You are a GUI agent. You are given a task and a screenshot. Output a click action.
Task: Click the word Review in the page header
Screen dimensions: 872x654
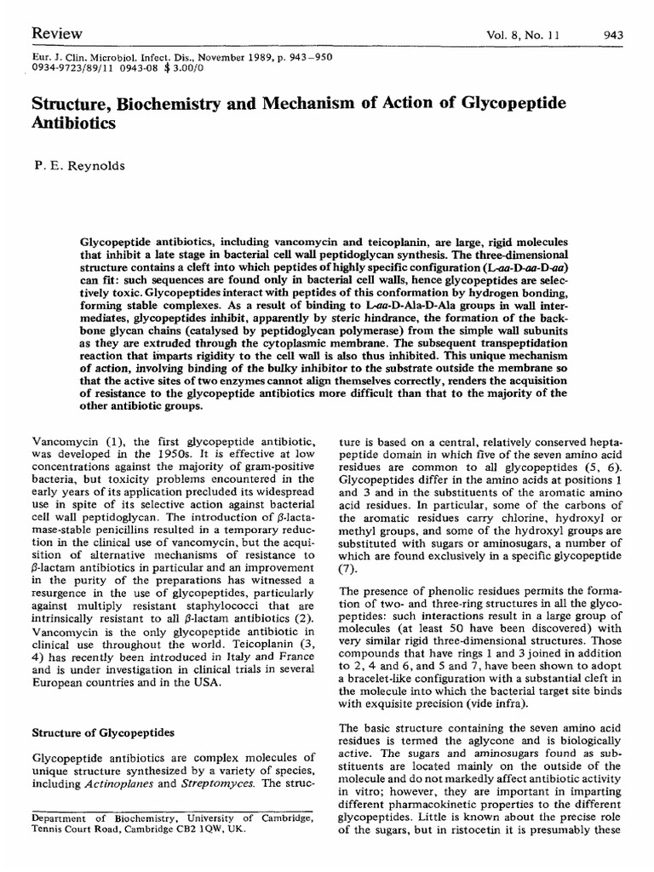[56, 33]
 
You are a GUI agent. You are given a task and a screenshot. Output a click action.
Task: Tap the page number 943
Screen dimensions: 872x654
[612, 35]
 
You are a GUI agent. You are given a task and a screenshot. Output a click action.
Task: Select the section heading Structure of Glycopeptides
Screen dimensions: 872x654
[102, 731]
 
